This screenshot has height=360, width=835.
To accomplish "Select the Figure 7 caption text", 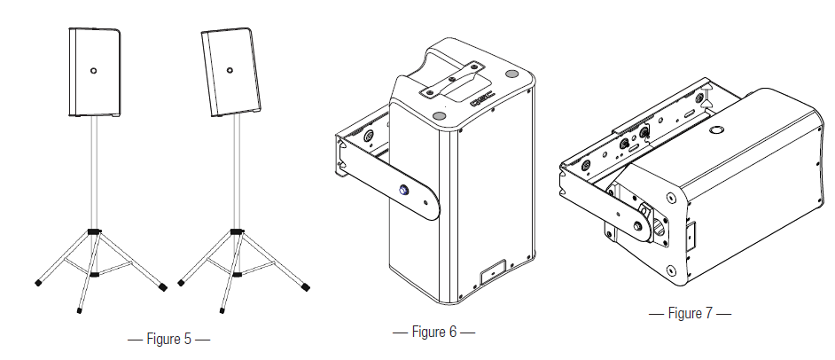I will [690, 313].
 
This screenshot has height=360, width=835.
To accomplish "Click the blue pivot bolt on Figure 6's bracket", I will [405, 189].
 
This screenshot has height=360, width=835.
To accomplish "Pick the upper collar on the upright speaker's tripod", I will [93, 231].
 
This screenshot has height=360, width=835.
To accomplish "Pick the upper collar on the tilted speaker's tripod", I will [236, 231].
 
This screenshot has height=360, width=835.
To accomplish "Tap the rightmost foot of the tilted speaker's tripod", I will [307, 286].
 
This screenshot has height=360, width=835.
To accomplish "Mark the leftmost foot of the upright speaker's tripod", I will [38, 283].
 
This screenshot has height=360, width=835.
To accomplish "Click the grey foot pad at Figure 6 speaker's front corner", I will [441, 113].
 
